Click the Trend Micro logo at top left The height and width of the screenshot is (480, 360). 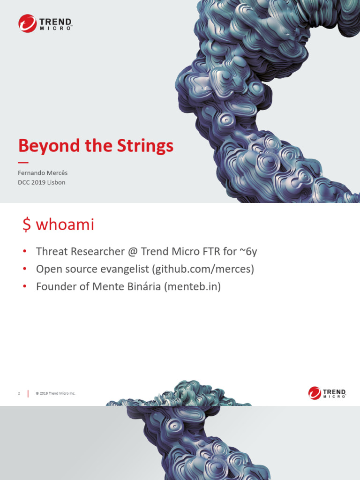click(x=45, y=23)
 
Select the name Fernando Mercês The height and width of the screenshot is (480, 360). click(x=43, y=172)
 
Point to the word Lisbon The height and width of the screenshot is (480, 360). click(x=56, y=182)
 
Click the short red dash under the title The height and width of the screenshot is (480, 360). click(x=23, y=162)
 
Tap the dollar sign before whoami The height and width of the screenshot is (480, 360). click(x=27, y=225)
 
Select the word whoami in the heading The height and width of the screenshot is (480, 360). click(x=65, y=225)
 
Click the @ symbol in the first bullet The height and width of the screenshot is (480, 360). click(x=132, y=252)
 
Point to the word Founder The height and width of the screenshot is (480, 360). click(x=53, y=286)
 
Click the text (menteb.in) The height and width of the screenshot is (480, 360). click(x=192, y=286)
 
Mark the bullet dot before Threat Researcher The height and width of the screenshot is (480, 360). click(x=24, y=252)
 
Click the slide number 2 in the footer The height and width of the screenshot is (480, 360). click(x=19, y=393)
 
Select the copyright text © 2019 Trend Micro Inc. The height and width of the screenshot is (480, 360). click(x=55, y=393)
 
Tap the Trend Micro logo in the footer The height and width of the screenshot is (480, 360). click(x=327, y=393)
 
